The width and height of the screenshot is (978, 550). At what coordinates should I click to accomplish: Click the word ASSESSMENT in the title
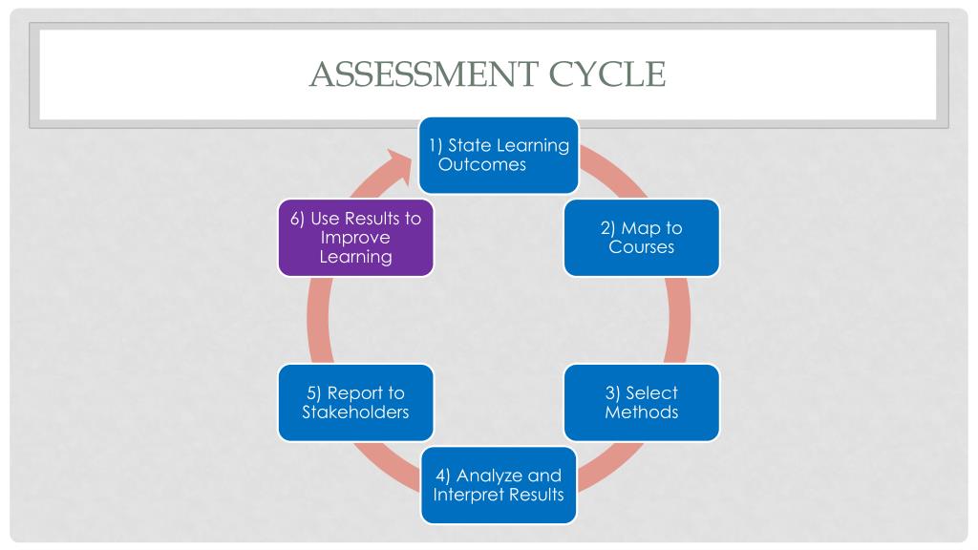coord(422,74)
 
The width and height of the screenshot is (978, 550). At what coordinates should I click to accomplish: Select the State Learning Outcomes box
coord(499,155)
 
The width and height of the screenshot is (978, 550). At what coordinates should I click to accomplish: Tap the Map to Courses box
coord(641,238)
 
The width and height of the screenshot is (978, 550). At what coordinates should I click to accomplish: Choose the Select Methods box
coord(641,402)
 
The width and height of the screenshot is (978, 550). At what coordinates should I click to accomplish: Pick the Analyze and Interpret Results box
coord(499,485)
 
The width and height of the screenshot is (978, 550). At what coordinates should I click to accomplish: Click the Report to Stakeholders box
coord(355,402)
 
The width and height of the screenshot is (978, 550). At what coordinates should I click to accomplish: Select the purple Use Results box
coord(355,238)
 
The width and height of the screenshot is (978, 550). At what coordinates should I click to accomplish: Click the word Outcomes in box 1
coord(482,164)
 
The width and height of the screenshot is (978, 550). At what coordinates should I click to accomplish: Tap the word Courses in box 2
coord(642,247)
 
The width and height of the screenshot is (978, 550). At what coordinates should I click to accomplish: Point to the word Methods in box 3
coord(642,412)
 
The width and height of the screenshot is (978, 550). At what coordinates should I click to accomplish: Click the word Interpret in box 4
coord(468,495)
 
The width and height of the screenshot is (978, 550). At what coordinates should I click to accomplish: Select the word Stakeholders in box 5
coord(355,412)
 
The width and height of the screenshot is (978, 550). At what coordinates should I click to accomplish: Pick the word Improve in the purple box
coord(355,238)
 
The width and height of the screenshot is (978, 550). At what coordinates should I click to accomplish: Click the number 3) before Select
coord(612,392)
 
